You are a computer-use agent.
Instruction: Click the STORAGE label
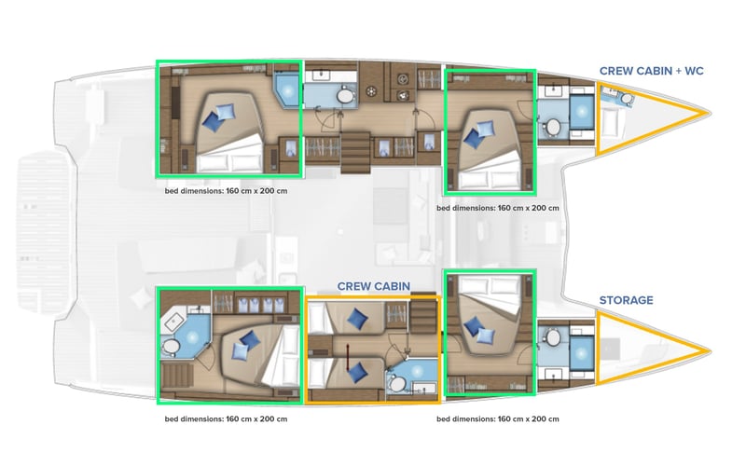(626, 300)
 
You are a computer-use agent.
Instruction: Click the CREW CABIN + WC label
(651, 71)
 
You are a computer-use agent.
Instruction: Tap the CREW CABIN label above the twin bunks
(374, 286)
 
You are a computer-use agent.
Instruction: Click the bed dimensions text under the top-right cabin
(498, 208)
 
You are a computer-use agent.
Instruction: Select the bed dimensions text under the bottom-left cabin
(224, 418)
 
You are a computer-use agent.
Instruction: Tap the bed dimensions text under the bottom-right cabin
(498, 418)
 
